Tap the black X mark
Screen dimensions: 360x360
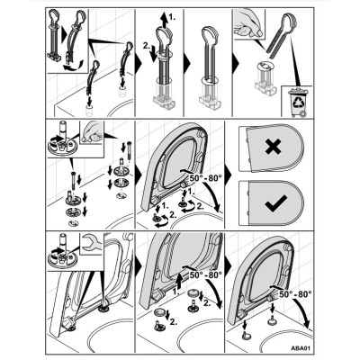[274, 147]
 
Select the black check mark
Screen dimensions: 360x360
[276, 204]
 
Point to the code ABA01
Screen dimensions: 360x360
[301, 348]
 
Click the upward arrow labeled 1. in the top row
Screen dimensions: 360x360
[164, 20]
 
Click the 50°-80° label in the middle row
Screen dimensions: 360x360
[206, 177]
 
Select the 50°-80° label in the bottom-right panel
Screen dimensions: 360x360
[295, 294]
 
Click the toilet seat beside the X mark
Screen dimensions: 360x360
[272, 148]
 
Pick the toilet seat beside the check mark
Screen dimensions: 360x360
[272, 203]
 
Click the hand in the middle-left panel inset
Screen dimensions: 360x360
[91, 133]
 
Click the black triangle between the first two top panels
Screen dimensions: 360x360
[139, 62]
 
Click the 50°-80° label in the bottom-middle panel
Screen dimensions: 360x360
[206, 274]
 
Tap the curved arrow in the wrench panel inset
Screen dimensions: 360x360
[54, 251]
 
